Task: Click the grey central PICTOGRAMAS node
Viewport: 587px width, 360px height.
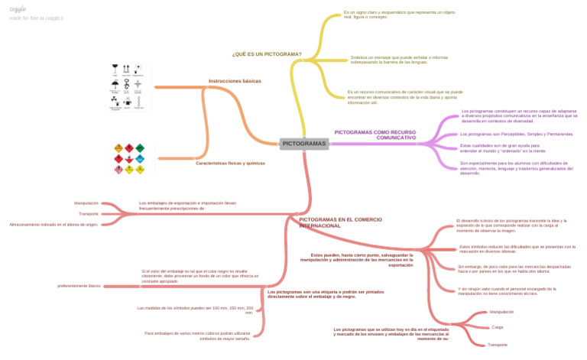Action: point(304,144)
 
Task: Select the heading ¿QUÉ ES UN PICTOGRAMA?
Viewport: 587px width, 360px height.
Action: point(266,54)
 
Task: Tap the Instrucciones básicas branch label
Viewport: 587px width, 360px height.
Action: point(235,80)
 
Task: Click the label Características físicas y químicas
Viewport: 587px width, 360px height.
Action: point(230,163)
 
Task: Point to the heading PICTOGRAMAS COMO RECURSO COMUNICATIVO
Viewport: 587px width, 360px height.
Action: point(375,135)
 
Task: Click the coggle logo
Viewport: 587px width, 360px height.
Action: point(18,8)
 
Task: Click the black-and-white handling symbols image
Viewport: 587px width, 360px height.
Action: point(128,87)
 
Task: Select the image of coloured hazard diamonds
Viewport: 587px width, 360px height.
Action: point(129,158)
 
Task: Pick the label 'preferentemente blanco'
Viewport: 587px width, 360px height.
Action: point(79,286)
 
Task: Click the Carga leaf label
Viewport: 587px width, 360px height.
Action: point(497,327)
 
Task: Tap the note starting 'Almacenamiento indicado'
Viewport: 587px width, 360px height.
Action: point(54,225)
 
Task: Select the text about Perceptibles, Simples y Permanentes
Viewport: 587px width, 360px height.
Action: point(517,134)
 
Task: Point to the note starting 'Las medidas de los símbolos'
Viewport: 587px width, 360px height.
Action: point(195,310)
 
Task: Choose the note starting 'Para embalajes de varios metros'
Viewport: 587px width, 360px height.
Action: point(198,336)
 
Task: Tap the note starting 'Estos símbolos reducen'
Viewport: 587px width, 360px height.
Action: point(517,248)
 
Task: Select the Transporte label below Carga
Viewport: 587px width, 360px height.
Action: point(497,345)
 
